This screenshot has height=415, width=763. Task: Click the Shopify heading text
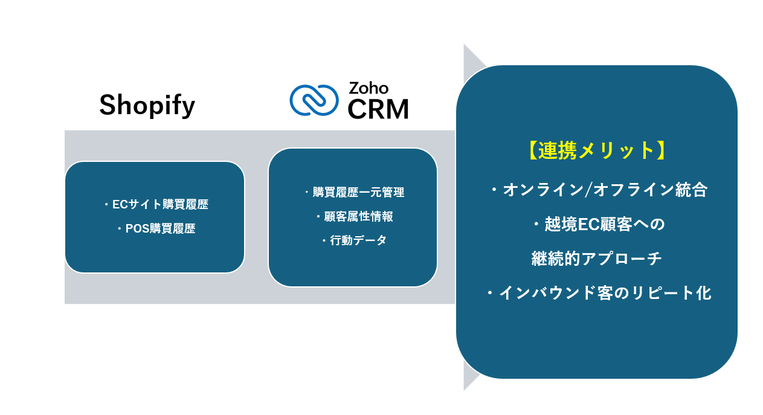tap(147, 106)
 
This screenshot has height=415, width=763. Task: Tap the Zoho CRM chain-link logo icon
tap(314, 100)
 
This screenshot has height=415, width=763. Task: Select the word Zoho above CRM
tap(369, 88)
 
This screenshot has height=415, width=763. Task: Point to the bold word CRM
tap(378, 109)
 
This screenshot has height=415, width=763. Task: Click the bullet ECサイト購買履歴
tap(156, 204)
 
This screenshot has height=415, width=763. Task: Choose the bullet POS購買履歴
tap(156, 229)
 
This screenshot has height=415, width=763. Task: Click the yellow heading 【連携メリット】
tap(596, 150)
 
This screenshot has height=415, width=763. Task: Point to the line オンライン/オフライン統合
tap(598, 190)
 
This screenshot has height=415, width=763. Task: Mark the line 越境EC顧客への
tap(598, 224)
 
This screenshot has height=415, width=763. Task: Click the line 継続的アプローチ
tap(597, 259)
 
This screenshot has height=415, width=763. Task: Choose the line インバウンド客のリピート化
tap(598, 294)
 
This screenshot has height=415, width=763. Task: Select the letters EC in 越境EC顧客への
tap(588, 224)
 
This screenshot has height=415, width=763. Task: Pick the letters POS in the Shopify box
tap(137, 229)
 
